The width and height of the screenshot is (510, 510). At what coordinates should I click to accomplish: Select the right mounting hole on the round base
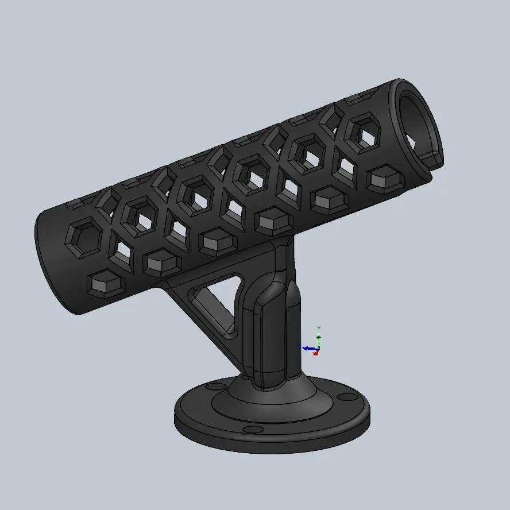[346, 397]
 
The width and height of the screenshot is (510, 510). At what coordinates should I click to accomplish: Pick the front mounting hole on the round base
[252, 429]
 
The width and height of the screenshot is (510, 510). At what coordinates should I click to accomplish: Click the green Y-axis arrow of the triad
[319, 339]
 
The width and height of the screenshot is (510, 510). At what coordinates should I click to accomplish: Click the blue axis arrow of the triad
[307, 347]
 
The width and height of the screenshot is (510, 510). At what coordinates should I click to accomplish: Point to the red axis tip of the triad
[315, 353]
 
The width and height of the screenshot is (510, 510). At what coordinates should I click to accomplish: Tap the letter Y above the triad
[319, 328]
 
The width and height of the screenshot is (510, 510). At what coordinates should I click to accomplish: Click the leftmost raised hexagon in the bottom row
[105, 284]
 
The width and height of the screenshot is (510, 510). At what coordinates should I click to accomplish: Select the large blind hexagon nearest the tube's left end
[85, 235]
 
